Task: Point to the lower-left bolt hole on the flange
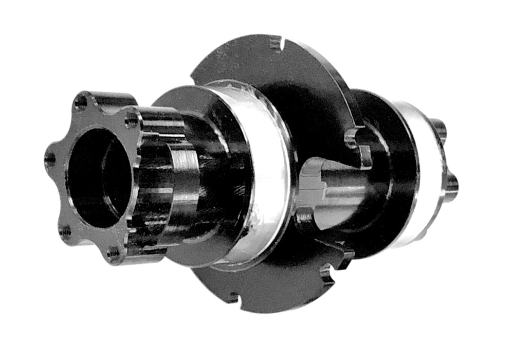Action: [65, 232]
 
